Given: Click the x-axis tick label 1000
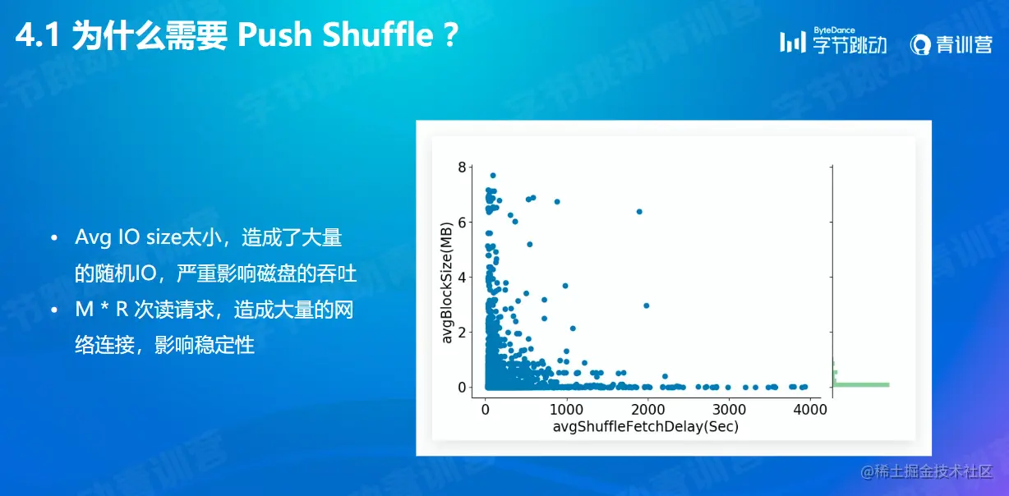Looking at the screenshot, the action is [566, 410].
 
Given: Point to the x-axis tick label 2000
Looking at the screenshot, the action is [647, 410].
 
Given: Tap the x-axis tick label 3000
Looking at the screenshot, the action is [729, 410].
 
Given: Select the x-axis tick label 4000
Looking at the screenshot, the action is [810, 410].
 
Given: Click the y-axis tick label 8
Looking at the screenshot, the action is [462, 168].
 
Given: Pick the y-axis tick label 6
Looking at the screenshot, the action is [462, 223].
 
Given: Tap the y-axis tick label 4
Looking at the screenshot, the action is [462, 278].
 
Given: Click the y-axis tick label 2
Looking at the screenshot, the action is [462, 332].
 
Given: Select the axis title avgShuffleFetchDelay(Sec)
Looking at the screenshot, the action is [646, 426].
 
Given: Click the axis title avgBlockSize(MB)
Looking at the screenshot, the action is [446, 282].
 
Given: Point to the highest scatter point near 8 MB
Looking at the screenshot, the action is [493, 176].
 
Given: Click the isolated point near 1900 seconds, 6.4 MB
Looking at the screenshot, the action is [639, 212].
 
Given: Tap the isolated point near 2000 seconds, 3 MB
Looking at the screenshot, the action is [647, 305].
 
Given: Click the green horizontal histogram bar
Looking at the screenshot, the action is [861, 385].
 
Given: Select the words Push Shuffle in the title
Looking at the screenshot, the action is [335, 35].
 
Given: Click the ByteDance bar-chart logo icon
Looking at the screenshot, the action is [793, 43].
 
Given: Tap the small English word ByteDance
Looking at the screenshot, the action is [834, 30].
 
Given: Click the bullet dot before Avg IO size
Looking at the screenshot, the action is [54, 237].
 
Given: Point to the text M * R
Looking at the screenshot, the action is [102, 310].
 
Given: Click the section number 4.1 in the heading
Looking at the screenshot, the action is [38, 35].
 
